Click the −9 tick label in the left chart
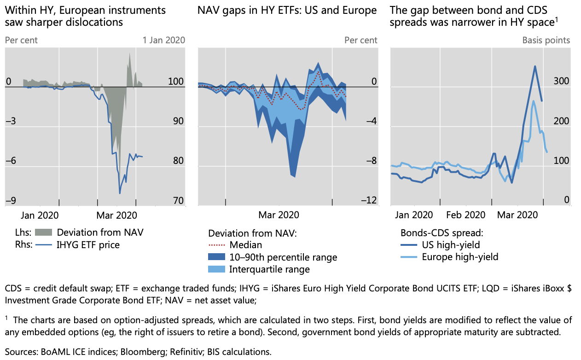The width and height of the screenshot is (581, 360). click(11, 200)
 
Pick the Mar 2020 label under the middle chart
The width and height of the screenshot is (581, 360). click(279, 215)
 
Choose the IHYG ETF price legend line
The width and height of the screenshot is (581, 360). click(45, 244)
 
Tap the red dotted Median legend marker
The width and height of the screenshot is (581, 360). click(220, 245)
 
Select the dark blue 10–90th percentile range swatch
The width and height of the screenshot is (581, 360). click(220, 257)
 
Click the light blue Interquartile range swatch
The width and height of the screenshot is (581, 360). click(220, 269)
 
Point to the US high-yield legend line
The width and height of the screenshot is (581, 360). click(410, 245)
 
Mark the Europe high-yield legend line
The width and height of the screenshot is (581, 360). click(410, 257)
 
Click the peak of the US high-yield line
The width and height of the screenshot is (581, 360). click(535, 66)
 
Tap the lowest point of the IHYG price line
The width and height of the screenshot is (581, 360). click(120, 193)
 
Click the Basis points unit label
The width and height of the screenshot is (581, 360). click(546, 40)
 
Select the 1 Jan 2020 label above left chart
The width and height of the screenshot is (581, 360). click(164, 40)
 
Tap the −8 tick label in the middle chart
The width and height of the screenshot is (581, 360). click(371, 161)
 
